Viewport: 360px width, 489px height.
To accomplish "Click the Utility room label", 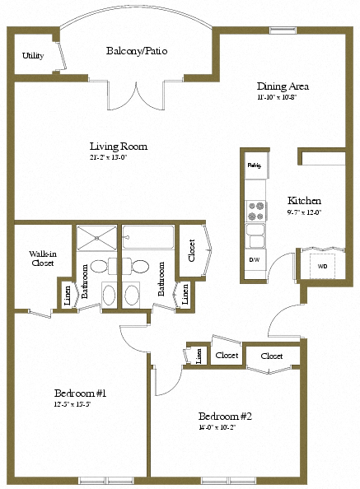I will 33,56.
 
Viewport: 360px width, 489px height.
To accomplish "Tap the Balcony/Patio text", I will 137,51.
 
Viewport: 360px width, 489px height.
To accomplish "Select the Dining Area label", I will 283,86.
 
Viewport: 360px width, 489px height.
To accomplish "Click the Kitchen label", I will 304,200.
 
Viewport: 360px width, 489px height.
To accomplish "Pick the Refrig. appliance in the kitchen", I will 255,165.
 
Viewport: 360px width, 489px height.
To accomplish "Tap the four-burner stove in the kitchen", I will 255,211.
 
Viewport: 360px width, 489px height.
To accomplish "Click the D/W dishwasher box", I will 255,259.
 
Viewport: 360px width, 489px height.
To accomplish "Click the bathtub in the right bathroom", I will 148,238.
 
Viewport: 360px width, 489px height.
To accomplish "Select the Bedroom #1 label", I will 80,392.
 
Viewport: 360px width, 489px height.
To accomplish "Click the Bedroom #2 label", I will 225,416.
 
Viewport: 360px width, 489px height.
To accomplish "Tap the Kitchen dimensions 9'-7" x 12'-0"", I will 304,212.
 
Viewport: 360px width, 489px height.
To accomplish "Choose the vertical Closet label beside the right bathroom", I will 192,249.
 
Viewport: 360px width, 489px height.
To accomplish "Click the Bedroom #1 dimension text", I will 79,404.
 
